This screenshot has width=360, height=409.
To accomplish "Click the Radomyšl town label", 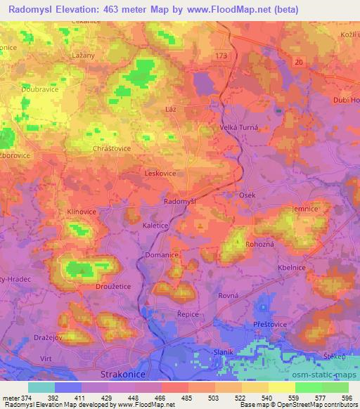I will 179,202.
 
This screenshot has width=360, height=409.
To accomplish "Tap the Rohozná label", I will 262,244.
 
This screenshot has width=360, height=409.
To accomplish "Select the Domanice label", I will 160,255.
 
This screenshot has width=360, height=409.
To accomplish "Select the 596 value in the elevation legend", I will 345,398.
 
